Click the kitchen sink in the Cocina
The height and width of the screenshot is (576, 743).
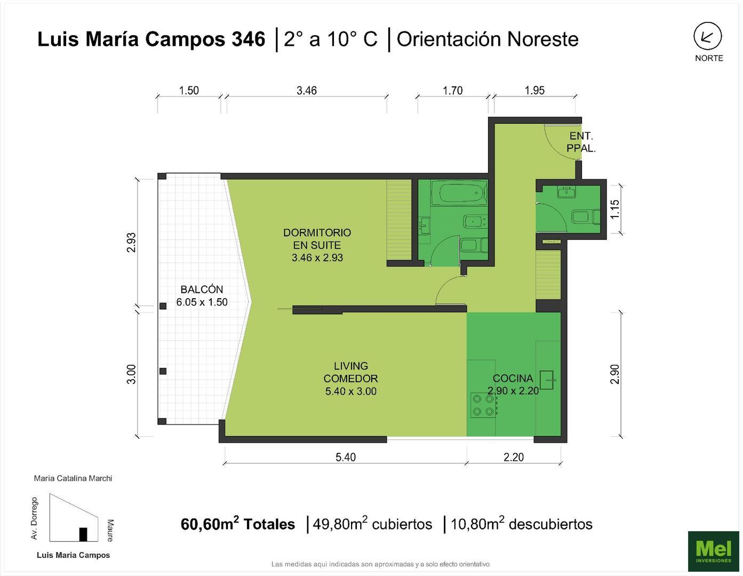(548, 380)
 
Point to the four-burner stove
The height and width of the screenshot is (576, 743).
(482, 405)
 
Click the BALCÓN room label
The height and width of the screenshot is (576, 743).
(202, 295)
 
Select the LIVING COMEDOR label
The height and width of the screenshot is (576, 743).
(350, 378)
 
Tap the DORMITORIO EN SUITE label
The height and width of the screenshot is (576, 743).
(317, 245)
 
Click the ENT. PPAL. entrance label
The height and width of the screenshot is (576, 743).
(581, 142)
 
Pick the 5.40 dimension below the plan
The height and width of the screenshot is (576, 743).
(345, 457)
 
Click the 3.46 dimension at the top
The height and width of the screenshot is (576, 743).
(307, 90)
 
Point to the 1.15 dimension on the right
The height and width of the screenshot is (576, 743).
(615, 209)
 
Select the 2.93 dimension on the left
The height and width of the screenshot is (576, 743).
(131, 242)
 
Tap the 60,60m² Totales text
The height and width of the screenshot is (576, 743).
(238, 524)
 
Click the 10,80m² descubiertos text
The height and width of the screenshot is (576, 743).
(521, 524)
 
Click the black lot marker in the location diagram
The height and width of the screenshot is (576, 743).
(83, 534)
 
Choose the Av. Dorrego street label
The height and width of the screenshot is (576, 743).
(35, 518)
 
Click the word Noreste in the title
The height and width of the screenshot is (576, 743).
(542, 39)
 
